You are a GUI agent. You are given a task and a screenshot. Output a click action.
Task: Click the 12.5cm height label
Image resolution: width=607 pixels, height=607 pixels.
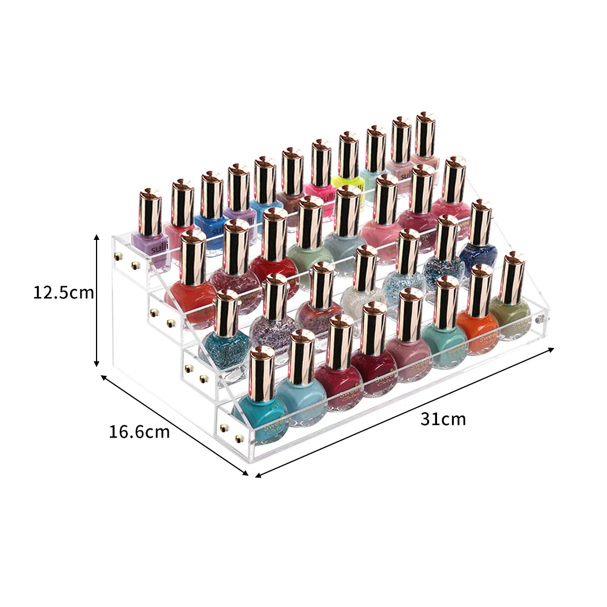pos(62,293)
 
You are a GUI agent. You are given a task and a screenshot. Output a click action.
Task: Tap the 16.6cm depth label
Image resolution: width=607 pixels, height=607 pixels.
pos(139,431)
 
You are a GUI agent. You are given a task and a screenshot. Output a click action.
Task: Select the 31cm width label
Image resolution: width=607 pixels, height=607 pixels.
pos(443,419)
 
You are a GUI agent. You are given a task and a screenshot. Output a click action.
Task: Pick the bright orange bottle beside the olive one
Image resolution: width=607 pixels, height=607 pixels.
pos(478,332)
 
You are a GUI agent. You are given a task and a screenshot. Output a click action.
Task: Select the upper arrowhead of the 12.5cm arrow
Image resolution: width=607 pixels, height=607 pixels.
pos(97,236)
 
